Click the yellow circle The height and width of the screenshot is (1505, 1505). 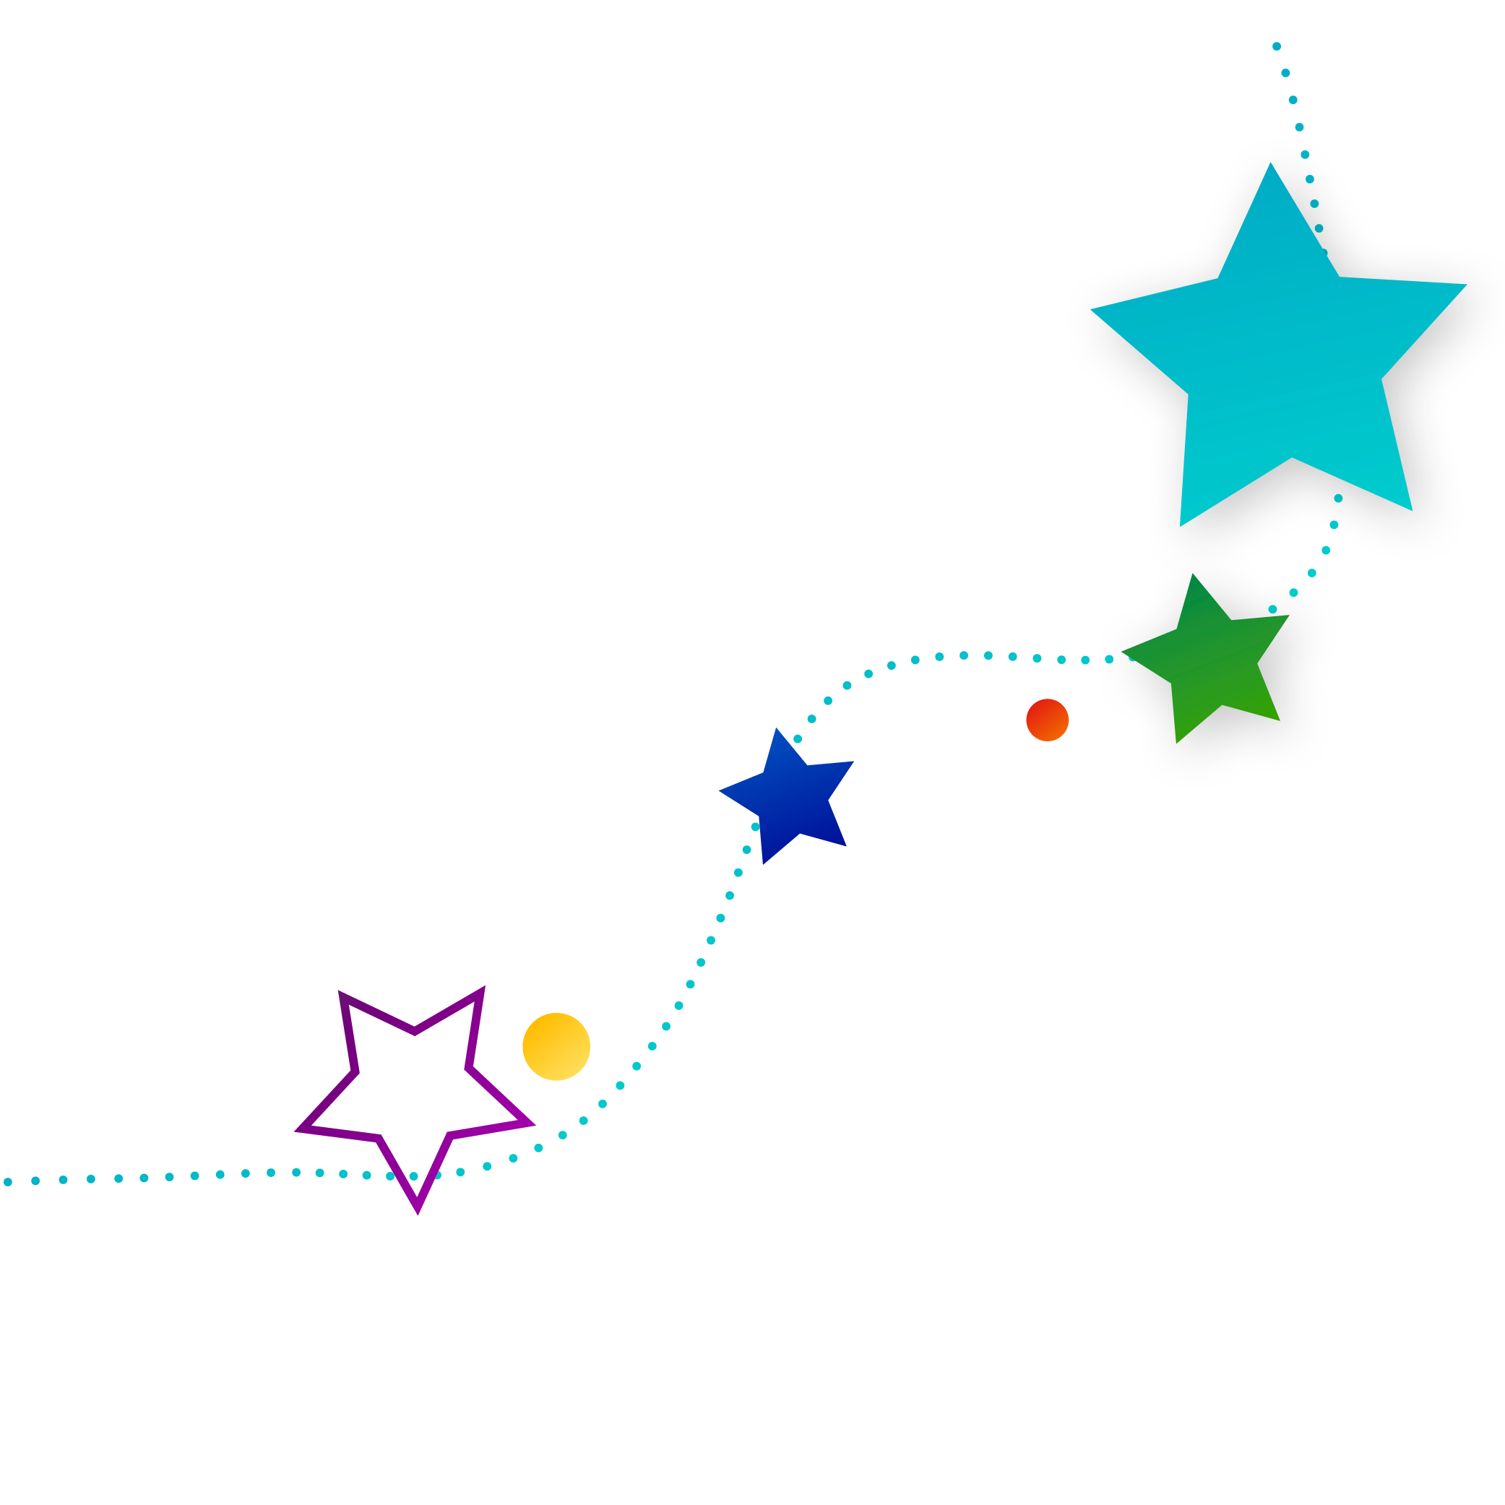tap(556, 1046)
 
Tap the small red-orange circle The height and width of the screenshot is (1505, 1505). tap(1047, 720)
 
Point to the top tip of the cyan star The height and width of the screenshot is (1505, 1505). tap(1269, 163)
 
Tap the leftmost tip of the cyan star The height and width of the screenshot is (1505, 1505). tap(1090, 309)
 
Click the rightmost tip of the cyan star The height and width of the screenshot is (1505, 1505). tap(1467, 285)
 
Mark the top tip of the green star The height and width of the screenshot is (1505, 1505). tap(1193, 574)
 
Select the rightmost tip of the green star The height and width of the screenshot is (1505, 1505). tap(1289, 616)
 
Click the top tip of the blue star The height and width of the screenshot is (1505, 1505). tap(776, 728)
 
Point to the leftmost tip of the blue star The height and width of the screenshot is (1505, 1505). tap(719, 790)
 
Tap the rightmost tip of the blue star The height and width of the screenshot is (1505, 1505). tap(854, 761)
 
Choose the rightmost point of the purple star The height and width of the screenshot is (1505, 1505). tap(532, 1124)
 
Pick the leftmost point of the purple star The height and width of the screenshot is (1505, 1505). tap(296, 1129)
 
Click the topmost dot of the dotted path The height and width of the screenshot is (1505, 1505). tap(1276, 47)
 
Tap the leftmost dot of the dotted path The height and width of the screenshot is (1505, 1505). tap(8, 1183)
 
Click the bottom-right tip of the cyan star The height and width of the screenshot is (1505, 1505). tap(1413, 511)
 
